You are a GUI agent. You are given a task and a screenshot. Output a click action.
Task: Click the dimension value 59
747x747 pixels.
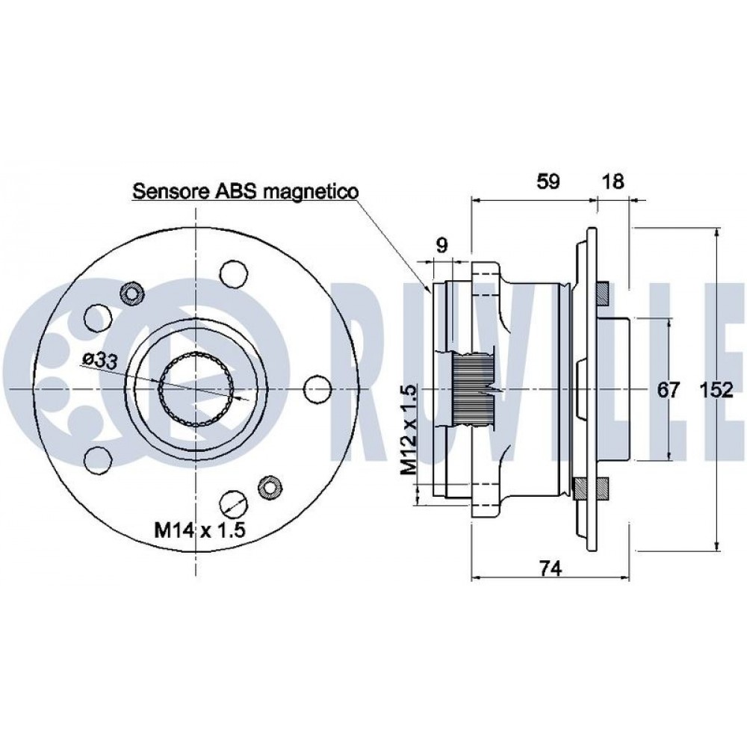(548, 182)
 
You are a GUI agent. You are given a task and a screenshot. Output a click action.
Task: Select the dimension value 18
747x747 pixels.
(613, 182)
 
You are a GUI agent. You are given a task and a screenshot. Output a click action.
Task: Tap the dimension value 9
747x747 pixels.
(441, 245)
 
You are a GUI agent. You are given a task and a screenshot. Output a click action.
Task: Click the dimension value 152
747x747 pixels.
(716, 389)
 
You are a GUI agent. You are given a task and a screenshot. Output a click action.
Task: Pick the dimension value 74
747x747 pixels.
(551, 568)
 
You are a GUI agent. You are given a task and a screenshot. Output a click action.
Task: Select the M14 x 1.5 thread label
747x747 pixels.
(200, 530)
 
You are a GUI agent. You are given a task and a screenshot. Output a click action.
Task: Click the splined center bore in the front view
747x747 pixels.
(196, 389)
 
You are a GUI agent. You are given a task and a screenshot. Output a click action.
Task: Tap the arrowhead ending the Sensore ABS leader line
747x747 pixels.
(427, 286)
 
